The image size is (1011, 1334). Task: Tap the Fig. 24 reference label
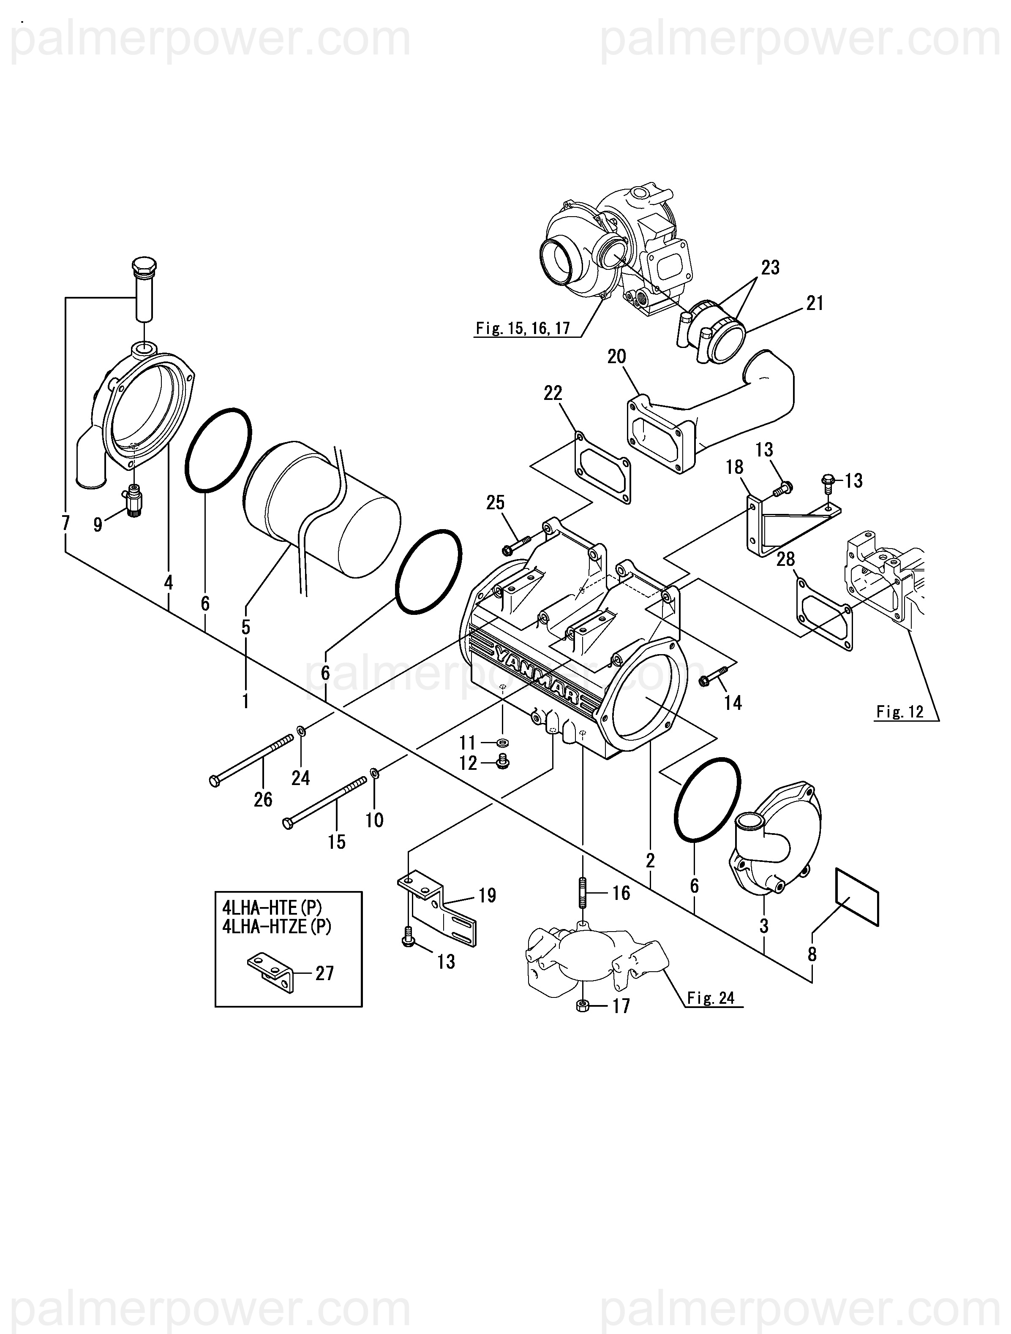click(711, 998)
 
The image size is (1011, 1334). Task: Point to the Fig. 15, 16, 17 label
click(522, 328)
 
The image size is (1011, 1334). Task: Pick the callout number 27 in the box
click(324, 973)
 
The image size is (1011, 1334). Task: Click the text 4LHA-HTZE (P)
click(277, 926)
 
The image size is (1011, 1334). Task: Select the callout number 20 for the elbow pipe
click(616, 356)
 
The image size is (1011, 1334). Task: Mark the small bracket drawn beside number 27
click(271, 973)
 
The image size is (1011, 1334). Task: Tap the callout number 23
click(770, 267)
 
